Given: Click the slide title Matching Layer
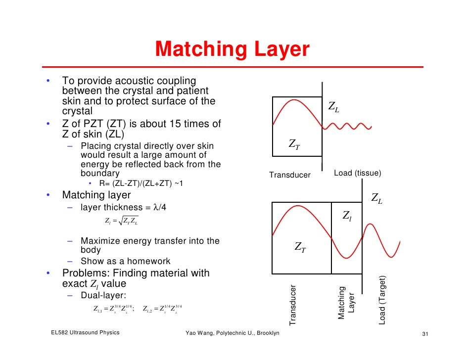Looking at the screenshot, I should [232, 49].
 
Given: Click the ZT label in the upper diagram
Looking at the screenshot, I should [294, 144].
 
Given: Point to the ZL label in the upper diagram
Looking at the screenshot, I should [334, 108].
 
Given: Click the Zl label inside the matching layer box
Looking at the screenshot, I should [348, 216].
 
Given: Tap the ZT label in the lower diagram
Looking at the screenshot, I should [300, 247].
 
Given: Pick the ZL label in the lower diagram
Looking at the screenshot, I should [377, 199].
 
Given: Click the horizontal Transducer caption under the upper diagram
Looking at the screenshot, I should [289, 175].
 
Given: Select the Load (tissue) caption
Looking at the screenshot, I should [358, 173].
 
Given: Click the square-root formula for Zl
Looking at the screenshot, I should [122, 220].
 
